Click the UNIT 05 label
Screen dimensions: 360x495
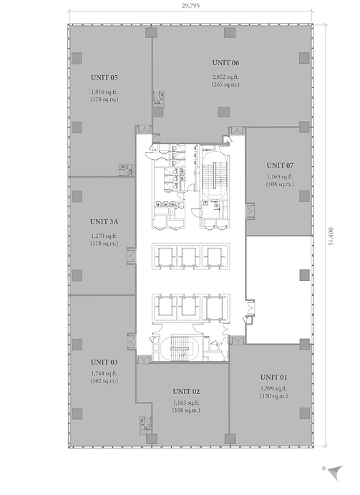pyautogui.click(x=104, y=77)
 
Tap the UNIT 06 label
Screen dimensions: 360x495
pyautogui.click(x=225, y=63)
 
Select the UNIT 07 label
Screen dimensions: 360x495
pyautogui.click(x=280, y=165)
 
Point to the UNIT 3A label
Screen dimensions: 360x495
pyautogui.click(x=104, y=222)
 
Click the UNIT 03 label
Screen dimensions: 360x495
pyautogui.click(x=104, y=362)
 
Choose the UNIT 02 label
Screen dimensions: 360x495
pyautogui.click(x=186, y=392)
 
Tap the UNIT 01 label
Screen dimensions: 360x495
pyautogui.click(x=274, y=378)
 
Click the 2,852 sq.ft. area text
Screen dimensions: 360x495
pyautogui.click(x=225, y=77)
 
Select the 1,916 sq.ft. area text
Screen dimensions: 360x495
pyautogui.click(x=104, y=92)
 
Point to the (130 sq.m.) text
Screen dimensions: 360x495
pyautogui.click(x=274, y=396)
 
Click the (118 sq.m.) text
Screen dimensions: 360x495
pyautogui.click(x=104, y=244)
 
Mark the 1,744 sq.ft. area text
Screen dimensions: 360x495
pyautogui.click(x=104, y=373)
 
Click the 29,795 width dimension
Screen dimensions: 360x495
pyautogui.click(x=190, y=6)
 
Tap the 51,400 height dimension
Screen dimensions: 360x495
pyautogui.click(x=331, y=236)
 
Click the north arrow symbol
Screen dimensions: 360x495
pyautogui.click(x=335, y=474)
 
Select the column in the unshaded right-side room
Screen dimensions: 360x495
pyautogui.click(x=304, y=275)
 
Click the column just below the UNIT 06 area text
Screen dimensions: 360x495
pyautogui.click(x=224, y=112)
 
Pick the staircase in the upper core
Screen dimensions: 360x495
pyautogui.click(x=214, y=176)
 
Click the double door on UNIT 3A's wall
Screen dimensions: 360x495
pyautogui.click(x=131, y=256)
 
